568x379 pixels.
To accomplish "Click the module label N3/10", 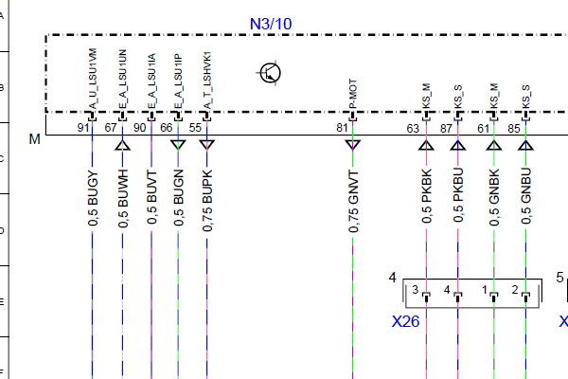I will click(x=271, y=22).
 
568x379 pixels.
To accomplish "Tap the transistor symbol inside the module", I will click(x=272, y=72).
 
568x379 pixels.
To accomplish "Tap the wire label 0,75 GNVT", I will click(x=353, y=201).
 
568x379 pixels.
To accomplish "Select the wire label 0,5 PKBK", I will click(x=427, y=198).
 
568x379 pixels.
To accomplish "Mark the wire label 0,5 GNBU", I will click(x=525, y=198).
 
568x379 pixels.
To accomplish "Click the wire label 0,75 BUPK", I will click(x=206, y=201).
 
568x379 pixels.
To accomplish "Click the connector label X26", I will click(x=405, y=321).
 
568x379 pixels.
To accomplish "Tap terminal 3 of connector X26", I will click(x=414, y=289).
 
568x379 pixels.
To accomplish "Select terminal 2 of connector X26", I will click(x=515, y=289).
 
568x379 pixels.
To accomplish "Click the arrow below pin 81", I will click(x=352, y=145).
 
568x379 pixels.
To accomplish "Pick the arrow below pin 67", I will click(x=122, y=145).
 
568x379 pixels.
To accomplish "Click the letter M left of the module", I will click(x=35, y=139).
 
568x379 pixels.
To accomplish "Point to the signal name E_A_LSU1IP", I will click(x=178, y=82).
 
